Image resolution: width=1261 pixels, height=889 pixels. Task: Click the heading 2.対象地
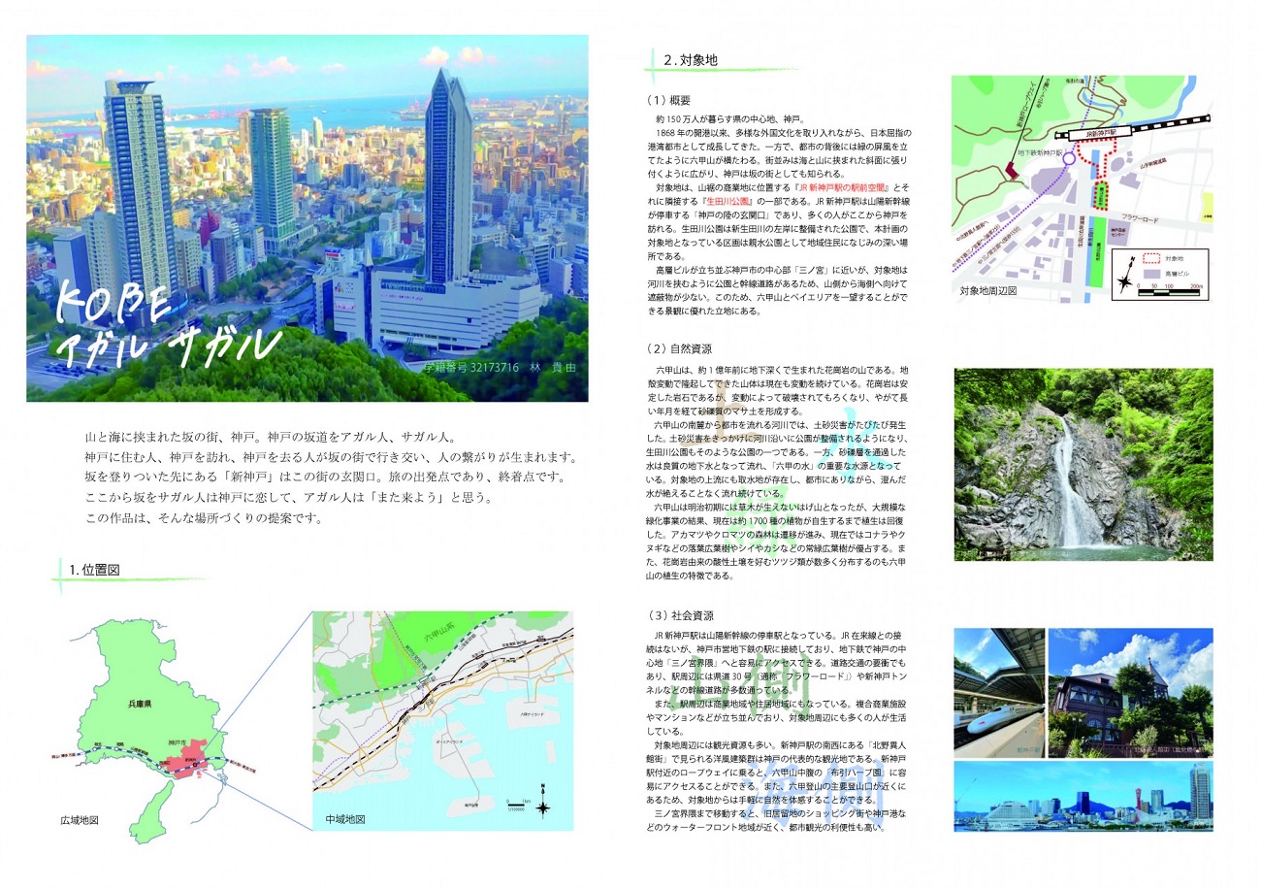[x=690, y=60]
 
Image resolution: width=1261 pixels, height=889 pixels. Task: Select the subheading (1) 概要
[x=668, y=100]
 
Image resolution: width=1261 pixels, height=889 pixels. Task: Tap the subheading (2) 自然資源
[x=676, y=347]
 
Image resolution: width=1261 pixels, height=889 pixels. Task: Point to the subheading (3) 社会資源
[x=676, y=615]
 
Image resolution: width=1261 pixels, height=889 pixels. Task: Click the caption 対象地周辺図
[x=987, y=290]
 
